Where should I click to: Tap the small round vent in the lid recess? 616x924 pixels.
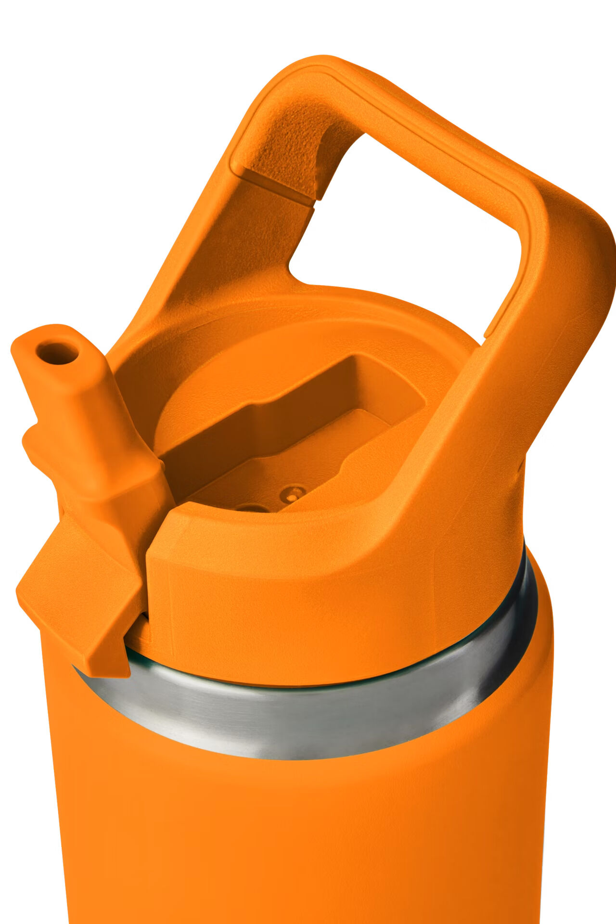click(293, 493)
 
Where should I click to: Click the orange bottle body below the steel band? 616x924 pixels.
click(298, 842)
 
